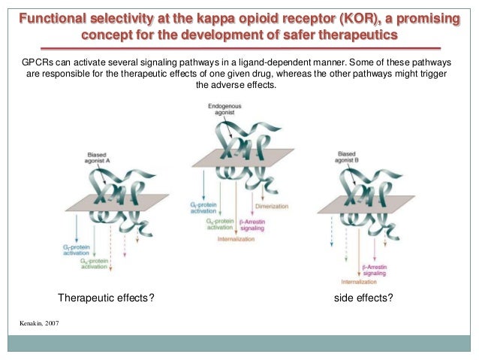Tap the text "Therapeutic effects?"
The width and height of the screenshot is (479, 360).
(x=107, y=298)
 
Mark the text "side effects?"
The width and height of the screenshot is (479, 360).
(x=363, y=298)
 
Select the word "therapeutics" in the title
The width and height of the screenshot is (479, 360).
(x=360, y=36)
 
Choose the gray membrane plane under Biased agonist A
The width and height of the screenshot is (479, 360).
(x=113, y=203)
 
